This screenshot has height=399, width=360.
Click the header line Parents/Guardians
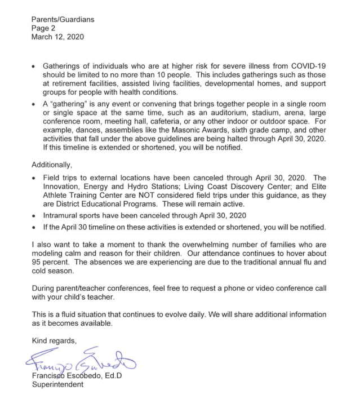coord(63,20)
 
